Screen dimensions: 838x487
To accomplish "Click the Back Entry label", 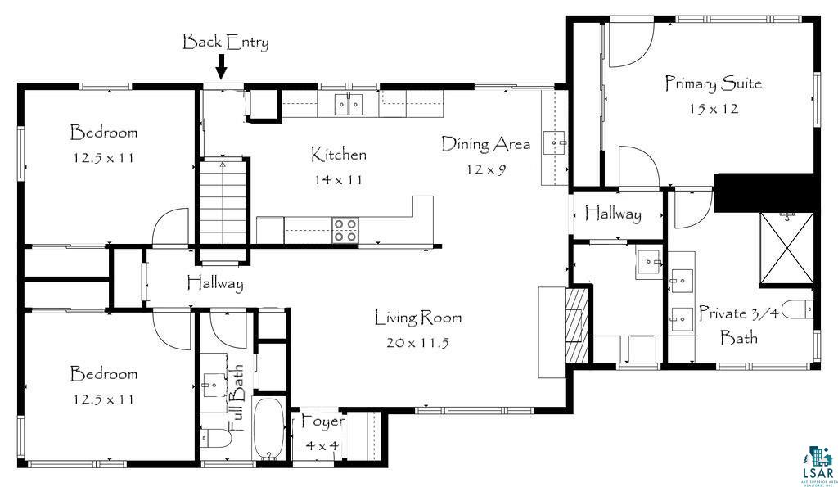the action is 226,42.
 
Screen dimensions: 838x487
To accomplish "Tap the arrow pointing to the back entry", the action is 221,69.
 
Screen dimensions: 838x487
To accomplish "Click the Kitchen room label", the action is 339,155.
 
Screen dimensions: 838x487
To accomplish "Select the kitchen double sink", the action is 349,104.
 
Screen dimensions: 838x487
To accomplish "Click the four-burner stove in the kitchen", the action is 345,230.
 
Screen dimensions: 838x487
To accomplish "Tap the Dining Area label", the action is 486,144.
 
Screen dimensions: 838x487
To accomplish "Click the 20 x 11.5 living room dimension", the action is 417,343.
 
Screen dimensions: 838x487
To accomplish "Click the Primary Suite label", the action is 714,83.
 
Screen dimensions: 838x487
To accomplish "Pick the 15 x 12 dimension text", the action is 714,109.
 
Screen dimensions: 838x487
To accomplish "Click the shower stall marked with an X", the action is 786,247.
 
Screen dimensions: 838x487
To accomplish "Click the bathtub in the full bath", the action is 268,428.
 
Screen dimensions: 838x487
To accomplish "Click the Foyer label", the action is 322,421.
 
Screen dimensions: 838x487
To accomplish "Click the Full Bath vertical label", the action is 237,399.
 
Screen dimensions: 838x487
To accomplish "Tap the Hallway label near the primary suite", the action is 613,214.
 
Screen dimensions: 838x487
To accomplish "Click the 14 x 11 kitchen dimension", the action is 338,180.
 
